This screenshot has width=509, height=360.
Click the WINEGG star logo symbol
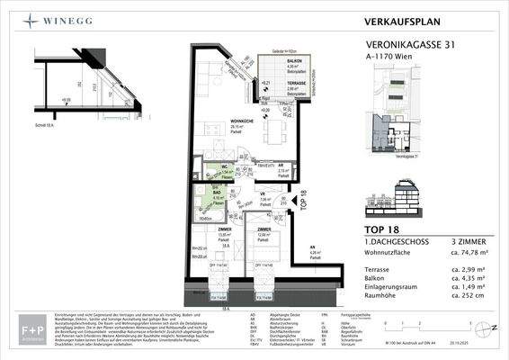click(31, 19)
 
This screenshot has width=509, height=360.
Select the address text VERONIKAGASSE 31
click(415, 41)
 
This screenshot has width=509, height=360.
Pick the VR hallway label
click(263, 196)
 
